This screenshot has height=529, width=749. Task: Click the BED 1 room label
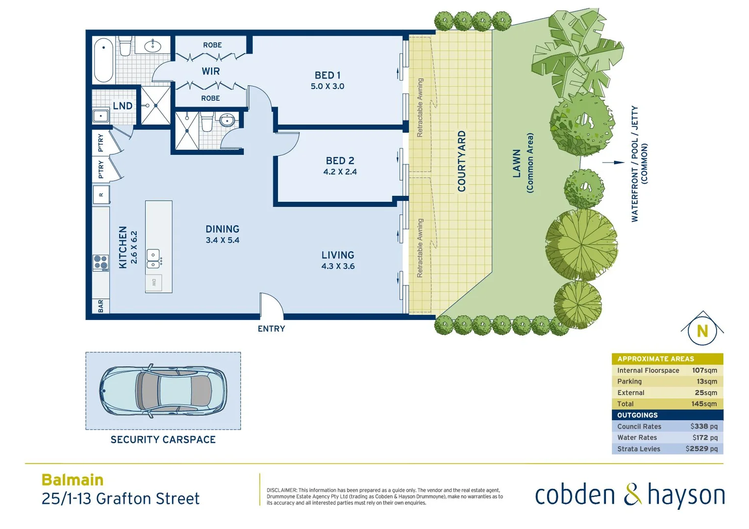(x=327, y=75)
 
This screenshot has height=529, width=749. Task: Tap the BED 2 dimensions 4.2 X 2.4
(x=340, y=172)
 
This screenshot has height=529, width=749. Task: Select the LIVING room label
(x=338, y=255)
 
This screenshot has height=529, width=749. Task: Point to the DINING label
(x=223, y=229)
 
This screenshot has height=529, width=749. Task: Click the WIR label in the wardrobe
(x=211, y=72)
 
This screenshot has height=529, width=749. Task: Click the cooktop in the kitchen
(x=101, y=263)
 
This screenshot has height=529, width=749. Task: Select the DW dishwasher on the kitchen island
(x=154, y=283)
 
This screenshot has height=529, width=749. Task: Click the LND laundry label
(x=123, y=106)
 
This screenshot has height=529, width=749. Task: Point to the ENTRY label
(x=271, y=329)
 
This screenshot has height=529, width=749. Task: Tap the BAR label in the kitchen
(x=101, y=306)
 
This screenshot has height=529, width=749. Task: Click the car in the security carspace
(x=163, y=391)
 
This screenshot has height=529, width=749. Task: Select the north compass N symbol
(x=702, y=331)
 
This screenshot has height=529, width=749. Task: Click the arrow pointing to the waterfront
(x=613, y=163)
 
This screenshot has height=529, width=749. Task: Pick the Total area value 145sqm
(x=704, y=404)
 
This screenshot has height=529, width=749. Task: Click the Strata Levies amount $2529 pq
(x=701, y=449)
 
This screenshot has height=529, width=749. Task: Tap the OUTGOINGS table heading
(x=637, y=415)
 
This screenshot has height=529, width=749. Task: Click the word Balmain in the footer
(x=73, y=480)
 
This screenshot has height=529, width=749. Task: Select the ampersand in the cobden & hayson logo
(x=632, y=495)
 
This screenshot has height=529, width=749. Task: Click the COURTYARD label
(x=461, y=161)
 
